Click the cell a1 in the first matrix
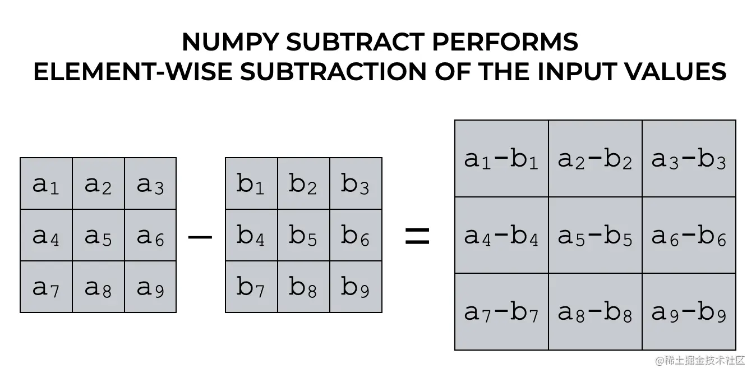pyautogui.click(x=46, y=183)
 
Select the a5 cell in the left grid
pyautogui.click(x=98, y=235)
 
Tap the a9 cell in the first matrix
pyautogui.click(x=150, y=287)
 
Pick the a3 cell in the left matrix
pyautogui.click(x=150, y=183)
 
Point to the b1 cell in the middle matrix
pyautogui.click(x=251, y=183)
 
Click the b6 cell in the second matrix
pyautogui.click(x=356, y=235)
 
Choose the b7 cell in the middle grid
pyautogui.click(x=251, y=287)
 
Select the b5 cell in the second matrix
pyautogui.click(x=303, y=235)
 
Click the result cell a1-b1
pyautogui.click(x=501, y=159)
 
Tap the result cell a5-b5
pyautogui.click(x=595, y=236)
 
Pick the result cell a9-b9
pyautogui.click(x=689, y=312)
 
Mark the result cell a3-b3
pyautogui.click(x=689, y=159)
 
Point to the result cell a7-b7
pyautogui.click(x=501, y=312)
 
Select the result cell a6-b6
pyautogui.click(x=689, y=236)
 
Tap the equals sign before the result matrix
pyautogui.click(x=417, y=237)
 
